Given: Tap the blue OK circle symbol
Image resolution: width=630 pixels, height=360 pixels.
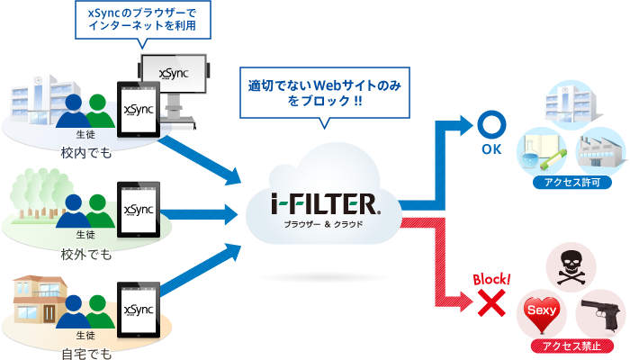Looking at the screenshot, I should tap(491, 124).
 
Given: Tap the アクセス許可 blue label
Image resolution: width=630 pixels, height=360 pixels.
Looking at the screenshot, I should tap(572, 181).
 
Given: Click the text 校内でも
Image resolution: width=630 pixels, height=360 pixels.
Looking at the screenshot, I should tap(87, 152).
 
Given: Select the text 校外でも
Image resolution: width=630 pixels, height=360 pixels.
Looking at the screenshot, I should tap(87, 254).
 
